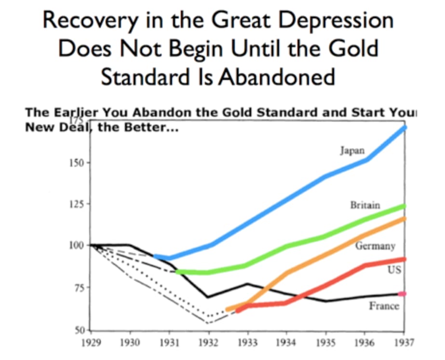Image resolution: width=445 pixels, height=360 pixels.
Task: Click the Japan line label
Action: (352, 150)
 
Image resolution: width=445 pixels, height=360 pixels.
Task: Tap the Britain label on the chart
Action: (365, 205)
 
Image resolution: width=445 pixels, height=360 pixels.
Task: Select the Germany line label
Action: (375, 246)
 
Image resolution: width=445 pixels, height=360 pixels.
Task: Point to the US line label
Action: (394, 270)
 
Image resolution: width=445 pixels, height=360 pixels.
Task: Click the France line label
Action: (384, 306)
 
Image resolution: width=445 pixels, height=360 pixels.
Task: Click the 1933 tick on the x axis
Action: (247, 343)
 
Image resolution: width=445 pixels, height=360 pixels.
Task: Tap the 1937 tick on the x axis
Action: (404, 343)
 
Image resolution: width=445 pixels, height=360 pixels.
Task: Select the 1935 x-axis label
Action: (326, 343)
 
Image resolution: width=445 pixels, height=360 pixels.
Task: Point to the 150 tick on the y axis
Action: (78, 162)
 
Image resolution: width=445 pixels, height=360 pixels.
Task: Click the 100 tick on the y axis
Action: (78, 245)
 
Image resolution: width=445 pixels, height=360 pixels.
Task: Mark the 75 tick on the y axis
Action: (80, 288)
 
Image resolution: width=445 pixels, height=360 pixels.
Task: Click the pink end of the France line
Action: (403, 293)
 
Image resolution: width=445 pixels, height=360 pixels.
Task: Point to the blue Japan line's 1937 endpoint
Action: (404, 128)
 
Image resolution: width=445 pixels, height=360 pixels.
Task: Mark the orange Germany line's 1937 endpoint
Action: (404, 219)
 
